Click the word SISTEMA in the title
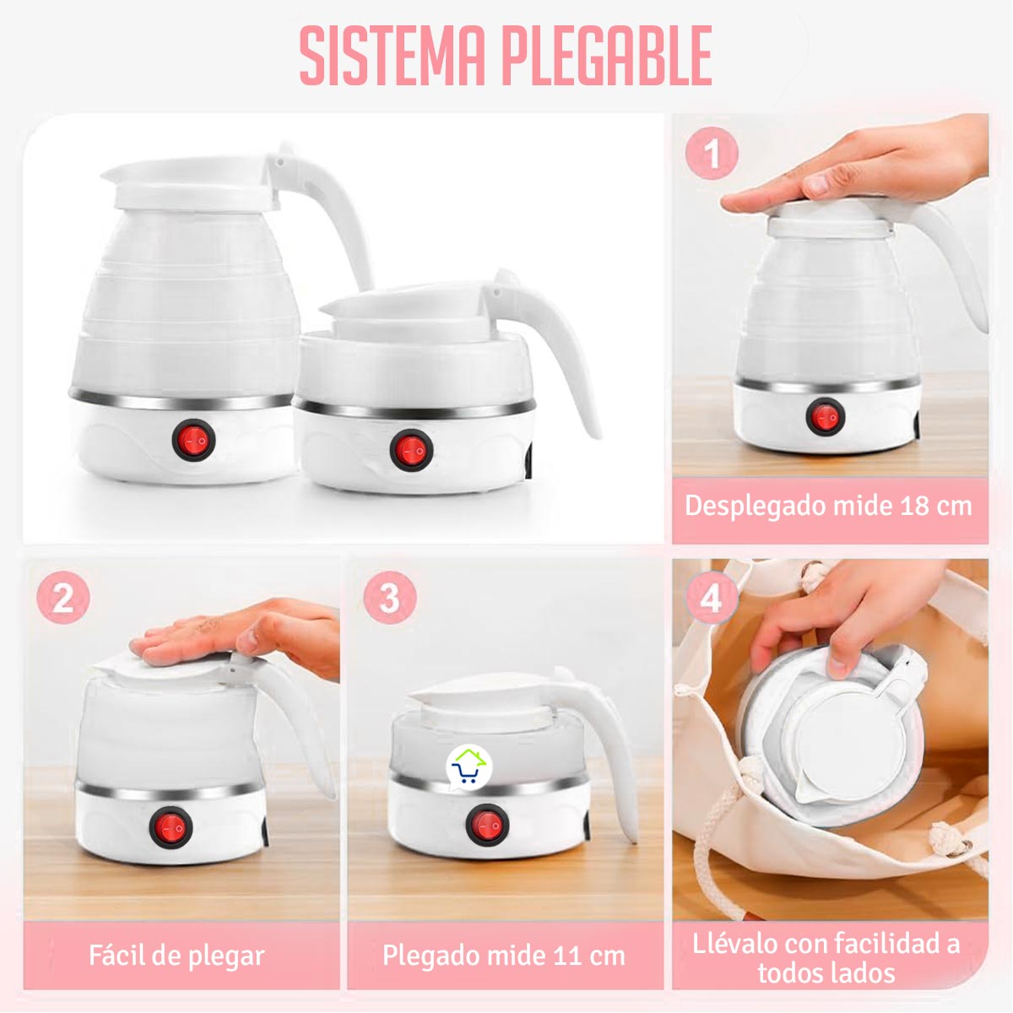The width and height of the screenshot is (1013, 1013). pyautogui.click(x=395, y=56)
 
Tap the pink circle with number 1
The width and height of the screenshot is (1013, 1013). pyautogui.click(x=712, y=154)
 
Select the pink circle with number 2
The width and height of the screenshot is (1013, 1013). pyautogui.click(x=63, y=598)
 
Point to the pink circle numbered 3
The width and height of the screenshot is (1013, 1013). pyautogui.click(x=389, y=598)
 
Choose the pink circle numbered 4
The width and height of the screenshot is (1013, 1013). pyautogui.click(x=712, y=598)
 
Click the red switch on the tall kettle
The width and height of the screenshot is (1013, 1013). pyautogui.click(x=193, y=441)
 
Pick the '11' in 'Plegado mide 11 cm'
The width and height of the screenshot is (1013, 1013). pyautogui.click(x=569, y=956)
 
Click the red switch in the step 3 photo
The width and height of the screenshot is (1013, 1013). pyautogui.click(x=488, y=824)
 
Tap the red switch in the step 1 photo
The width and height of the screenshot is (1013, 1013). pyautogui.click(x=825, y=416)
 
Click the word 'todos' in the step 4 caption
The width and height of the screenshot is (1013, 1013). pyautogui.click(x=793, y=973)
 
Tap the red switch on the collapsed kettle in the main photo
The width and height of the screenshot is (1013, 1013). pyautogui.click(x=411, y=449)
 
